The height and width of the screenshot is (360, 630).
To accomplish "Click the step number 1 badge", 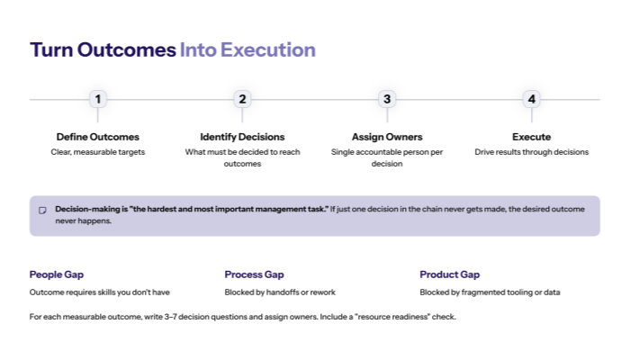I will click(98, 99).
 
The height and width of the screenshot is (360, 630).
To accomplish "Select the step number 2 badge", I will click(242, 99).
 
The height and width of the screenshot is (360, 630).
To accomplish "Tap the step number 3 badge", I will click(387, 99).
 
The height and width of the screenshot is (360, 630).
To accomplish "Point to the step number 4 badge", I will click(531, 99).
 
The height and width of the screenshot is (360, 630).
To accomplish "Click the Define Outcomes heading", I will click(98, 137).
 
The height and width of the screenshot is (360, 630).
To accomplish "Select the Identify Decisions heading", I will click(242, 137).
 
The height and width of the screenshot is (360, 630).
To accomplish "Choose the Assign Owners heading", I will click(387, 137).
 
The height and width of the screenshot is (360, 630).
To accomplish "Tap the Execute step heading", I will click(531, 137).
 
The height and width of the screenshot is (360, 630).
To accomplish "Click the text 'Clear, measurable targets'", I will click(98, 152).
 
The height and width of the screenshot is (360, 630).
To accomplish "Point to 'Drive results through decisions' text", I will click(531, 152).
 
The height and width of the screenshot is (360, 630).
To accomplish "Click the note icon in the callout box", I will click(42, 211).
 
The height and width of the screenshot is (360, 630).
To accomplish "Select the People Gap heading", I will click(56, 274).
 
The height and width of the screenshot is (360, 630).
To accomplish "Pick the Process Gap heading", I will click(255, 274).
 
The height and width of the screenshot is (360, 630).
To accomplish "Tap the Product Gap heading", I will click(449, 274).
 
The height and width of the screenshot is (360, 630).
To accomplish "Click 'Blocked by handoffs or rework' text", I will click(280, 292).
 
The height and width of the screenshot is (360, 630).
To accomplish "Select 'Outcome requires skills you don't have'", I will click(99, 292).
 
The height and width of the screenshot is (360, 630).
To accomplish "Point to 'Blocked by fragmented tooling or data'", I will click(490, 292).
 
